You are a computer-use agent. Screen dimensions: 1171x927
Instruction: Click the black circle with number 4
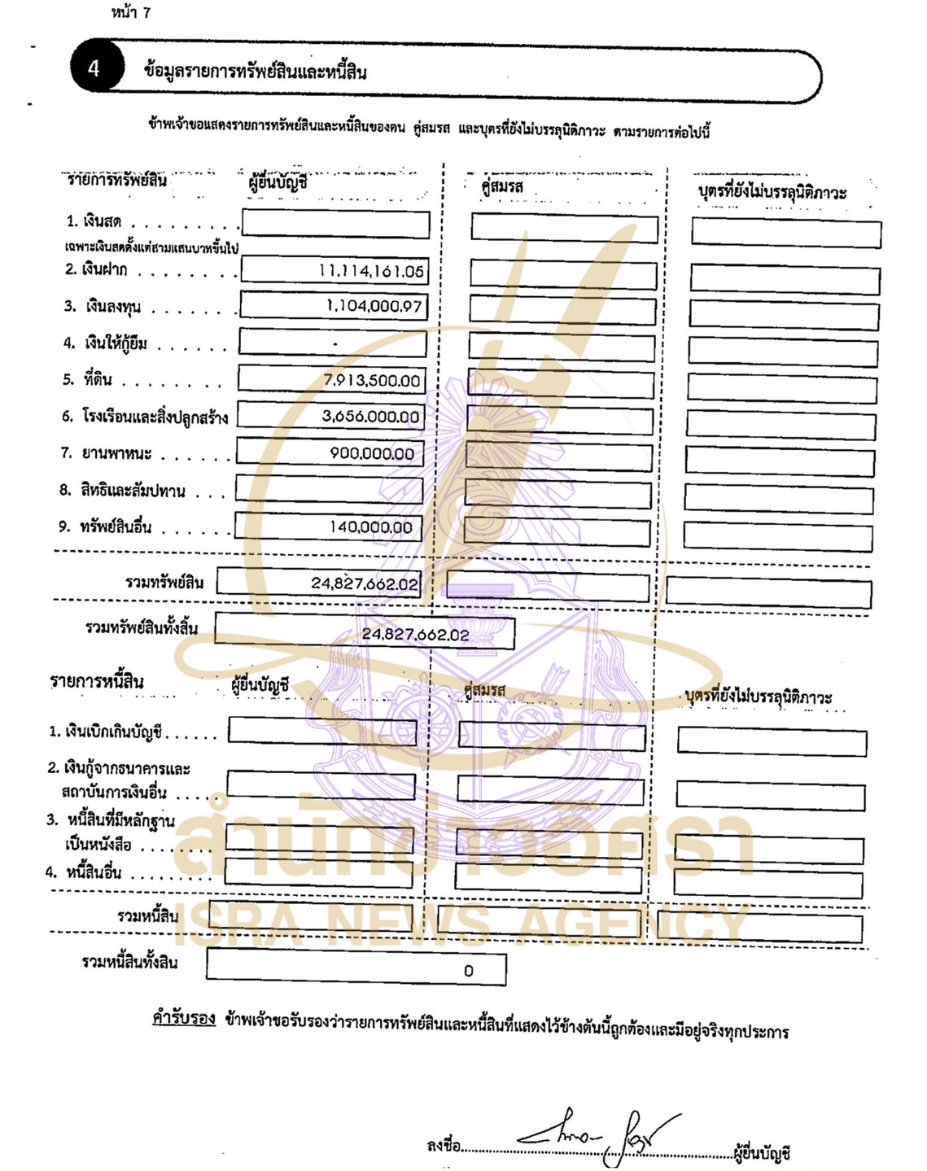point(95,68)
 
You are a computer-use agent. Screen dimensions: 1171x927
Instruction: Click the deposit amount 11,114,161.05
point(371,271)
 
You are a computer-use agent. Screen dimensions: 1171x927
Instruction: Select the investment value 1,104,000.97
point(374,306)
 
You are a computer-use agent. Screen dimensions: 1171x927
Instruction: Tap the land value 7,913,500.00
point(372,380)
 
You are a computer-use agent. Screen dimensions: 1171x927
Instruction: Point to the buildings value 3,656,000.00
point(370,417)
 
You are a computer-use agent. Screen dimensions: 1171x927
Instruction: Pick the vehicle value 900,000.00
point(372,453)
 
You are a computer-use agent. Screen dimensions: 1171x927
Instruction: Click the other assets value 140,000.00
point(371,527)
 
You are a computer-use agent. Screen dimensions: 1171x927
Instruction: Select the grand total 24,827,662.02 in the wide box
point(415,634)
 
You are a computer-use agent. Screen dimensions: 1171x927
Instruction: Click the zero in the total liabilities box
point(468,971)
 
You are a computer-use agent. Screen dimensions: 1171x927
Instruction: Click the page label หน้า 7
point(131,12)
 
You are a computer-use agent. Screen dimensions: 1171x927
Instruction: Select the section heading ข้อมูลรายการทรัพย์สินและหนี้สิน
point(255,72)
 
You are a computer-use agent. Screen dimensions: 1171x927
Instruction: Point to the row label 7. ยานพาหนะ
point(106,452)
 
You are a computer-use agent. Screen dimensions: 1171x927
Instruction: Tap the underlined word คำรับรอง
point(184,1018)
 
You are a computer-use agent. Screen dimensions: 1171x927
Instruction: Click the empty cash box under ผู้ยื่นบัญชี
point(335,224)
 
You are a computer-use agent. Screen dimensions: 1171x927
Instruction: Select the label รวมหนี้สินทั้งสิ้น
point(129,962)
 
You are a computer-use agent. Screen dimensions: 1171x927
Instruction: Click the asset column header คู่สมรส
point(502,186)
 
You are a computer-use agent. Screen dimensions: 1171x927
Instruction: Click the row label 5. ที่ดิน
point(87,379)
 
